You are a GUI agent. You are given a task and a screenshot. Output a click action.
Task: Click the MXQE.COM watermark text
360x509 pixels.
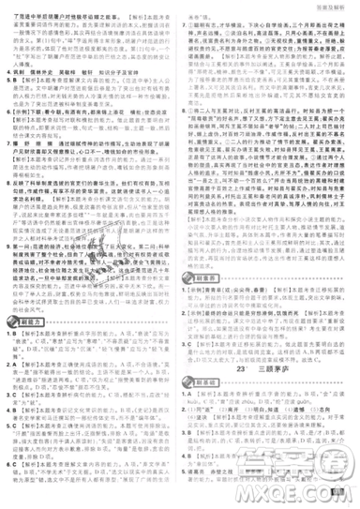click(x=308, y=487)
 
